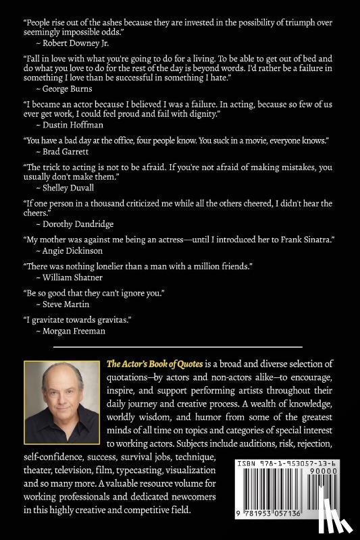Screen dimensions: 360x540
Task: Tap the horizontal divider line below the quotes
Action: coord(180,346)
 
